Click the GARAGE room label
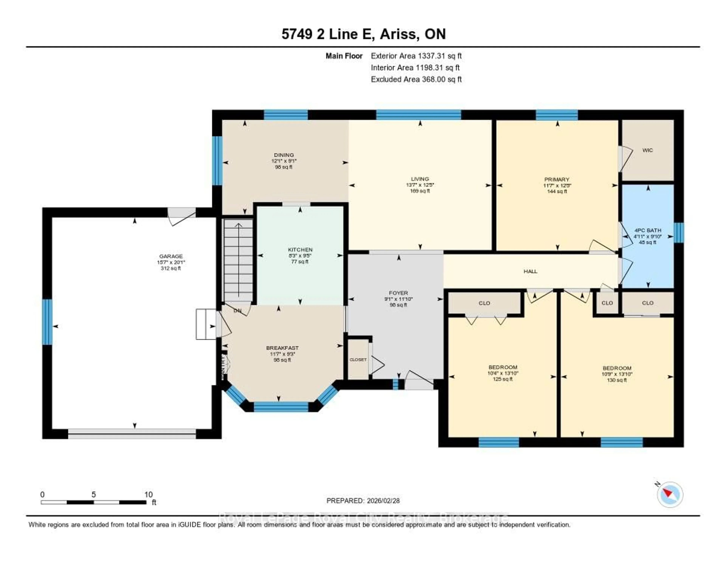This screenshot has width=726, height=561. point(171,256)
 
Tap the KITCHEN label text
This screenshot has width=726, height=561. point(300,249)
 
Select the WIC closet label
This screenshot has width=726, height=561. point(647,150)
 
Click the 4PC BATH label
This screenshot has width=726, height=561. point(648,230)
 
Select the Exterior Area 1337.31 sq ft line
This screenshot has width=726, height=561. point(416,56)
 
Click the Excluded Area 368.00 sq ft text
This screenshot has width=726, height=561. point(416,79)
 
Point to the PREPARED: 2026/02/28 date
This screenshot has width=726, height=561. point(363,500)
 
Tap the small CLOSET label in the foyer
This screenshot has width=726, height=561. point(358,360)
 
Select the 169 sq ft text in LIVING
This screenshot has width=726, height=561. point(420,191)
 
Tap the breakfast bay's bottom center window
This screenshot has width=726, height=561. point(281,407)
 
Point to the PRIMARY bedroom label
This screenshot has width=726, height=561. point(557,179)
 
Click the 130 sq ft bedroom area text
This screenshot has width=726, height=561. point(617,380)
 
